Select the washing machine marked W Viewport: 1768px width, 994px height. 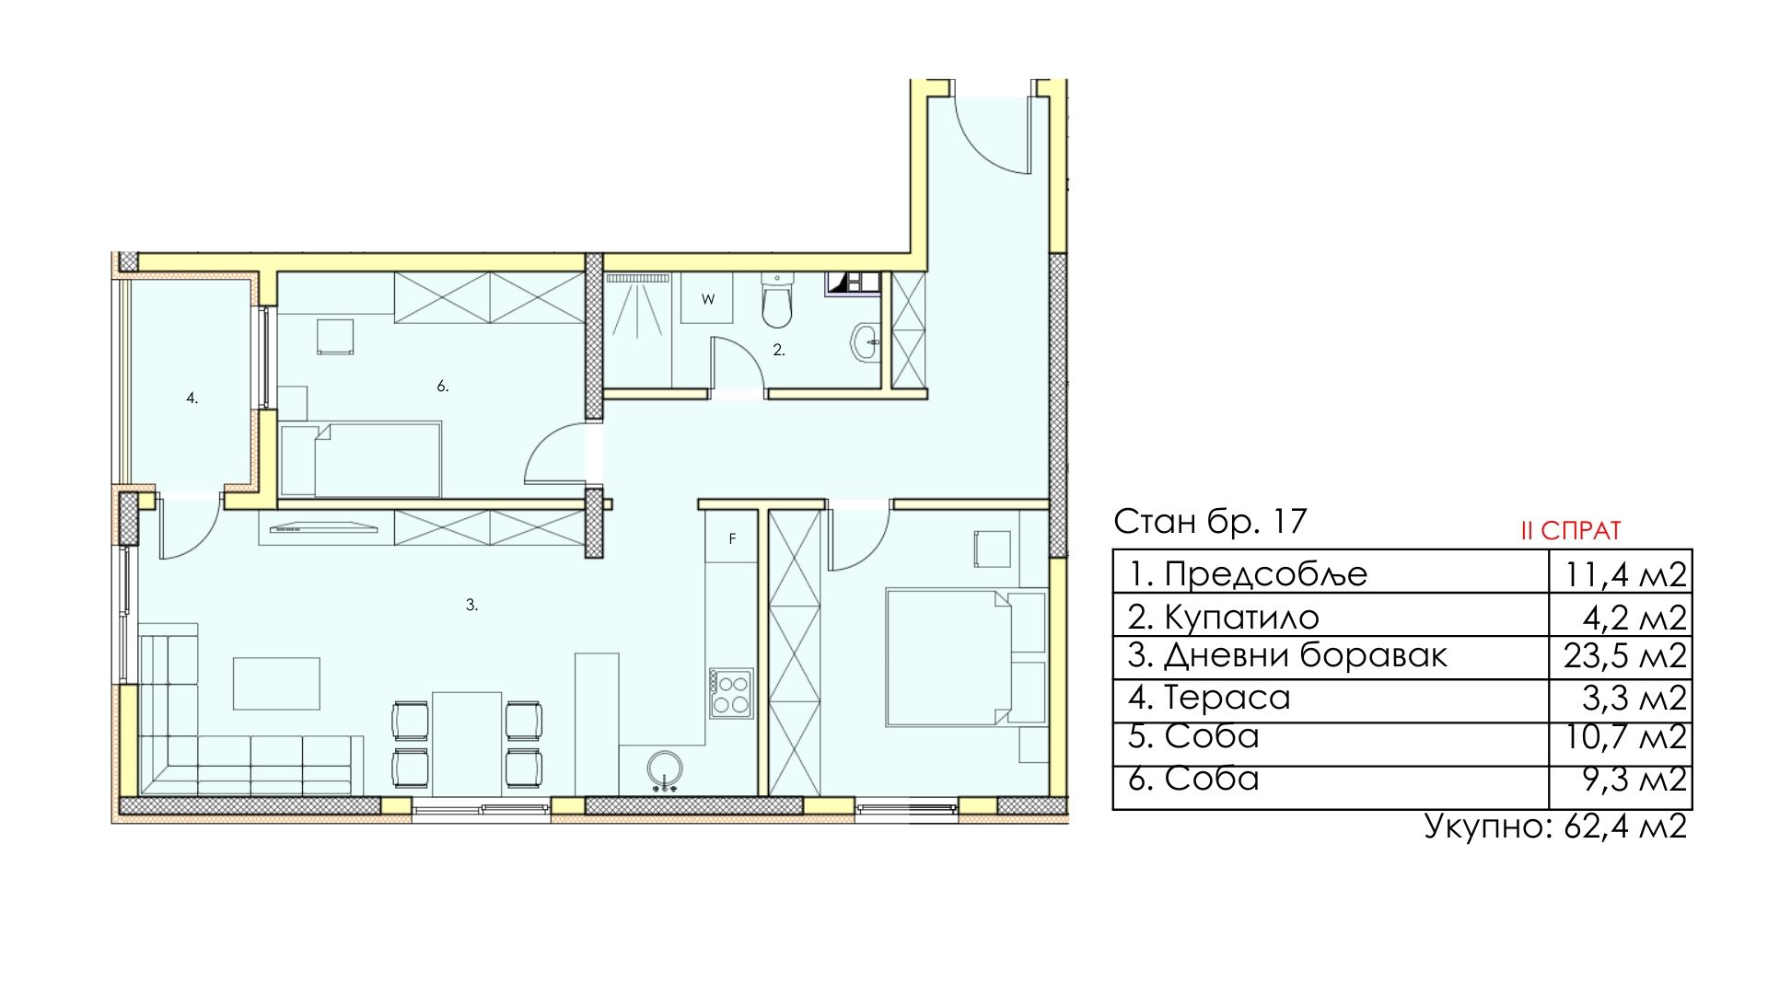[707, 298]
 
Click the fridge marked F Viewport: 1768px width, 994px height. [732, 538]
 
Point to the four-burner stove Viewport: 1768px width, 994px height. [730, 694]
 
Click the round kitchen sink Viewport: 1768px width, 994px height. [664, 769]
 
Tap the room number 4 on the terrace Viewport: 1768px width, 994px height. [192, 399]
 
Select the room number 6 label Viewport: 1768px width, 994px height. [443, 387]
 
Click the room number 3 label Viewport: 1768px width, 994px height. [471, 606]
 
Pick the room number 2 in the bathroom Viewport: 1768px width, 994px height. [779, 350]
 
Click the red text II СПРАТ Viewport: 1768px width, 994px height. [1571, 531]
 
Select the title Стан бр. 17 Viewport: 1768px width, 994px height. [1210, 522]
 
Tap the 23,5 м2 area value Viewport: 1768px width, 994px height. [1624, 656]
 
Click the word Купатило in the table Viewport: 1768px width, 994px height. [1241, 616]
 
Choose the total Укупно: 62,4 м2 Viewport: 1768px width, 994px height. [1555, 826]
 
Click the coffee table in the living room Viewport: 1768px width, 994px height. [276, 684]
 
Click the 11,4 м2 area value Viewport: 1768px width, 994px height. [1625, 574]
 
